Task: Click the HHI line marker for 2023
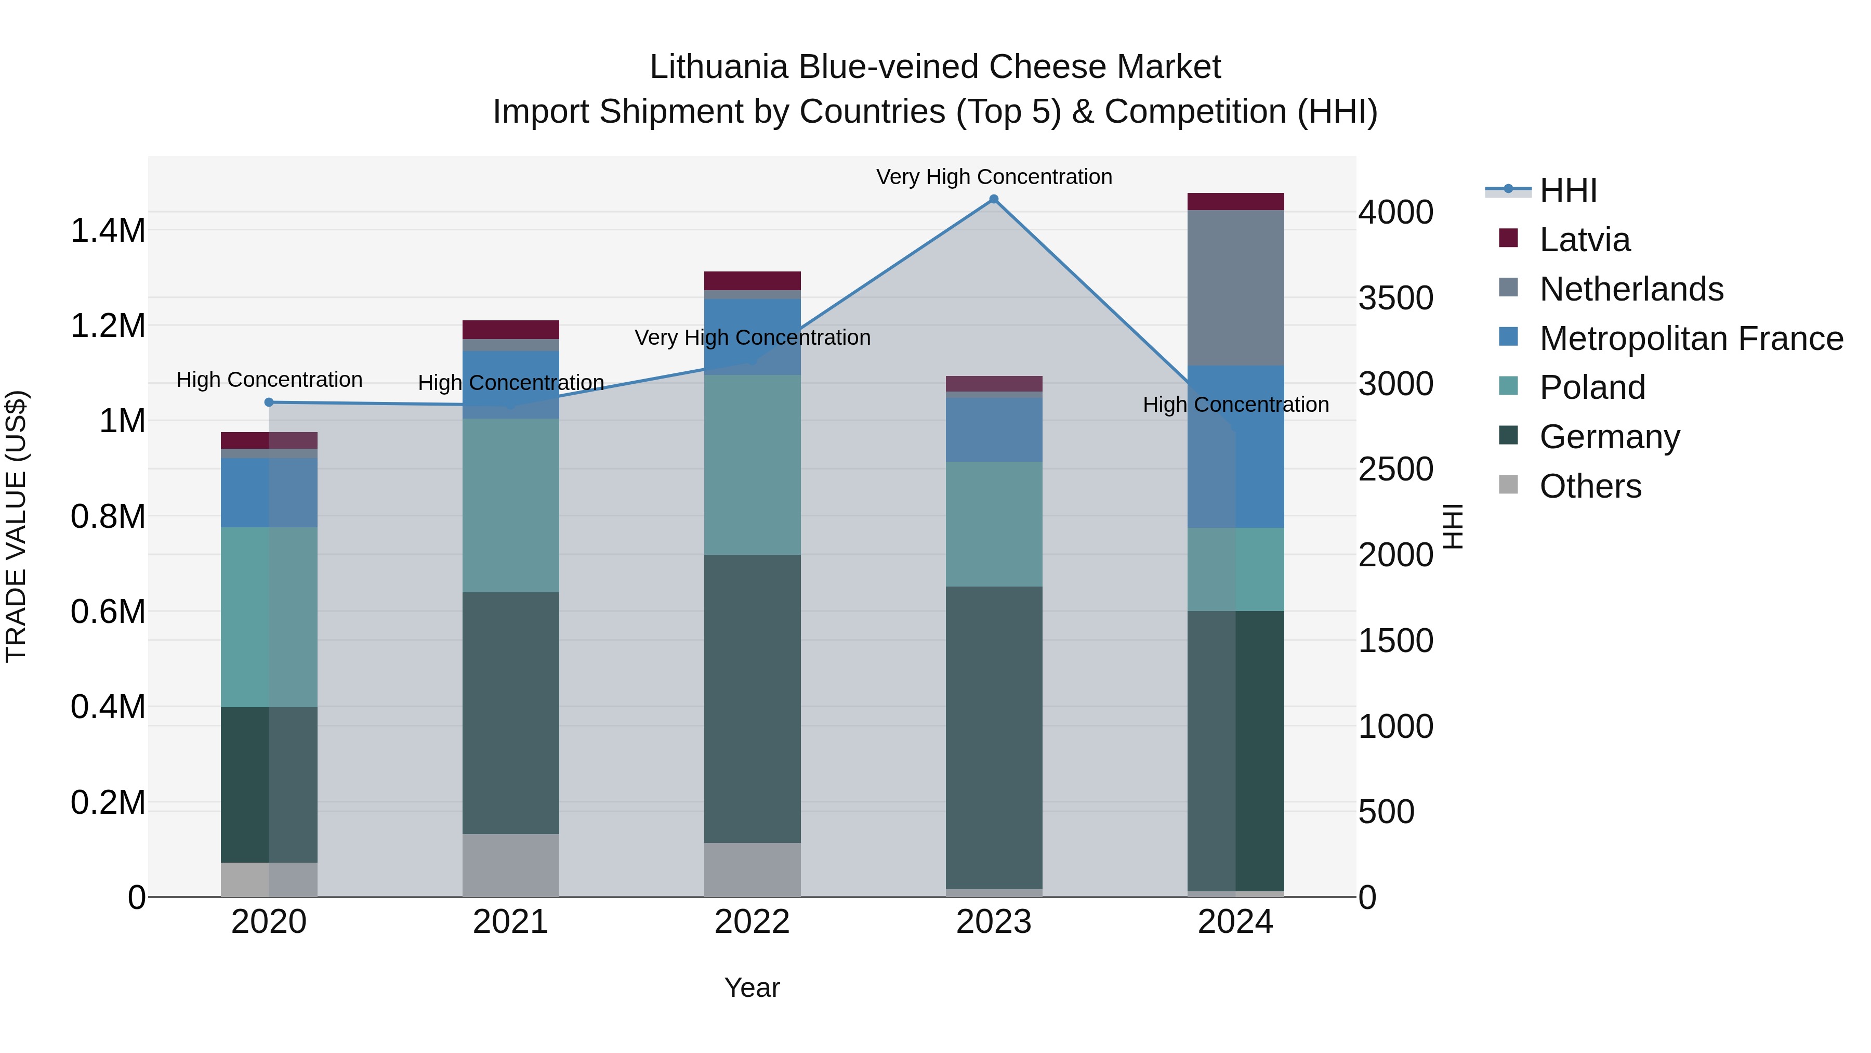tap(994, 199)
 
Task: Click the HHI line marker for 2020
tap(269, 402)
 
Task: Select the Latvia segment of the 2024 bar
tap(1235, 201)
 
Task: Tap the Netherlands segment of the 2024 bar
tap(1235, 288)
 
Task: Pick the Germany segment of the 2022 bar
tap(753, 698)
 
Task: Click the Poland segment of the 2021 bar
tap(510, 505)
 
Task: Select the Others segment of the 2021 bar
tap(510, 865)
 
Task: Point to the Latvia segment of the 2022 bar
tap(753, 280)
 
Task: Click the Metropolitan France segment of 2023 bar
tap(994, 430)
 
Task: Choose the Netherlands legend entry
tap(1630, 289)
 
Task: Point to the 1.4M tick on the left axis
tap(108, 230)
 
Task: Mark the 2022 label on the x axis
tap(753, 922)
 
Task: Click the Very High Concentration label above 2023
tap(994, 177)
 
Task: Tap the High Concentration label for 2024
tap(1235, 404)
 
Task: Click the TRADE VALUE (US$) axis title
tap(16, 526)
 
